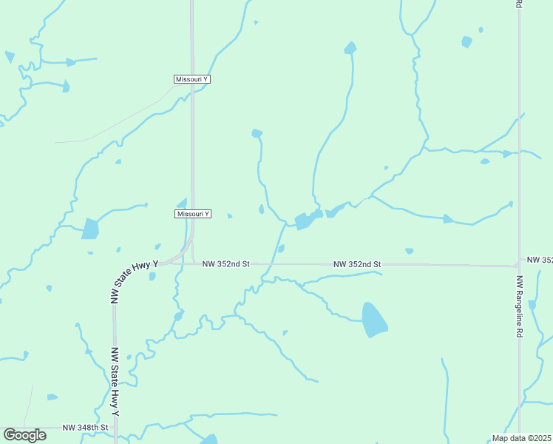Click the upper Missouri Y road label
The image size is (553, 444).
point(192,79)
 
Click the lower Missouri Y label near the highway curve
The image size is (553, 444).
point(193,214)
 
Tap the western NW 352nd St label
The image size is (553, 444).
point(227,263)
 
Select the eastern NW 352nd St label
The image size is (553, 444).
point(356,264)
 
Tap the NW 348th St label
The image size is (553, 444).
point(86,428)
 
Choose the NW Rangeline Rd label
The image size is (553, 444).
point(520,307)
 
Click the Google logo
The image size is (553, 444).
point(24,435)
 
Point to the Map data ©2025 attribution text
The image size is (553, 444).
point(521,438)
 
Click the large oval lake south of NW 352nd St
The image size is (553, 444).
point(374,320)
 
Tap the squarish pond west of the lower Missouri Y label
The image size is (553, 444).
point(90,229)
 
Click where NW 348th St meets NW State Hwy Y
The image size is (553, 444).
point(115,428)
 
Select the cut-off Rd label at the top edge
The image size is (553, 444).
point(519,4)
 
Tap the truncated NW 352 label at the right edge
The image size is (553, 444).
point(540,260)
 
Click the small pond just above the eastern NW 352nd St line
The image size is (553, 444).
point(409,251)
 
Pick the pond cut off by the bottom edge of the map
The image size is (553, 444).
point(209,439)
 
